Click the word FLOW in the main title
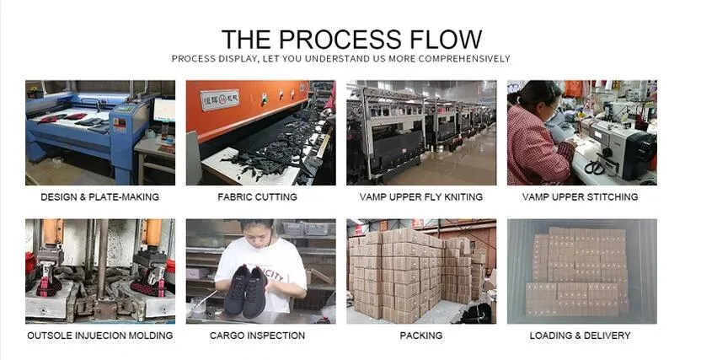447,39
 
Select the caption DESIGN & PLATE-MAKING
99,196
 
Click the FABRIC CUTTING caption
258,196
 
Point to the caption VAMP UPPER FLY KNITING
421,196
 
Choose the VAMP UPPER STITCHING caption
581,196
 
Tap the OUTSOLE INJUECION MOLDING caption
100,336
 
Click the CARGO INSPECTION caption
258,336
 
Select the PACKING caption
421,336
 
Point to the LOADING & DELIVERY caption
581,336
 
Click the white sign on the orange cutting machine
221,99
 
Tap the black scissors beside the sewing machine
595,167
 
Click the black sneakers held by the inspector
246,292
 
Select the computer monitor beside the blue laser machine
164,110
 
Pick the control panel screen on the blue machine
125,109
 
